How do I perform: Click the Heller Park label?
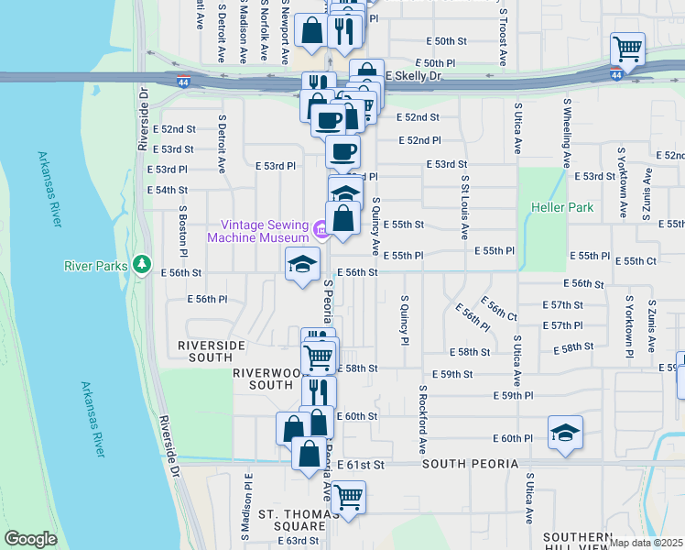[562, 207]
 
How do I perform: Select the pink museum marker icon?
[321, 229]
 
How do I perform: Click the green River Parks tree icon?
[141, 265]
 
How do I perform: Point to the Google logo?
[31, 539]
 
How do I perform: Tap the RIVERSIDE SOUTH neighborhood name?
[212, 351]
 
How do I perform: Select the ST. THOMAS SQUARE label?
[292, 519]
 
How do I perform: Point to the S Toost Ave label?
[503, 37]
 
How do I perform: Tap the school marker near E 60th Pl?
[565, 433]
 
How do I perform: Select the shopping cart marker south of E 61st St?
[348, 498]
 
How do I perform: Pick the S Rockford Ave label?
[423, 419]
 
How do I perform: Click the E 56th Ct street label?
[499, 309]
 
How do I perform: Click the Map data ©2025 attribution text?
[646, 543]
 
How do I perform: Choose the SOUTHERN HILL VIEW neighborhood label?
[576, 541]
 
